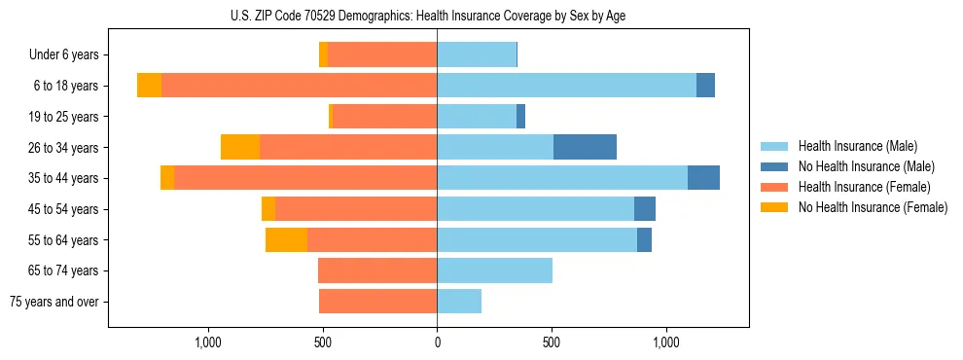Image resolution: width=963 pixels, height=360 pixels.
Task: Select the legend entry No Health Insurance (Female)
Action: [x=873, y=207]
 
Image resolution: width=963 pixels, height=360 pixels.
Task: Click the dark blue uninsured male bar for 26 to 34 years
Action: [x=585, y=147]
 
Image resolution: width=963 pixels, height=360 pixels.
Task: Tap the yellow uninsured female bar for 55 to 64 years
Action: [x=286, y=239]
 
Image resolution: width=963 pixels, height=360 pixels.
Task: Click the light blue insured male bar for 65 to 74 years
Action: [x=494, y=270]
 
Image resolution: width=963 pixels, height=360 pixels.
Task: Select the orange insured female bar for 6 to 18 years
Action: [x=299, y=86]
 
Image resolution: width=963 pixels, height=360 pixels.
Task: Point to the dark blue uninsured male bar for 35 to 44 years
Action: [x=703, y=178]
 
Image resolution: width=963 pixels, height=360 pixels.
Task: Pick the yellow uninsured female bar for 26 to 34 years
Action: [x=240, y=147]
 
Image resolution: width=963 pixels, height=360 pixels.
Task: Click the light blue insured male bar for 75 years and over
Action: [x=459, y=302]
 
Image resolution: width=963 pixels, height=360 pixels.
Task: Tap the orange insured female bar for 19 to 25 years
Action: [x=384, y=117]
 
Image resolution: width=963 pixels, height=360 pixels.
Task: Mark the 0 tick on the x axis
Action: [x=437, y=342]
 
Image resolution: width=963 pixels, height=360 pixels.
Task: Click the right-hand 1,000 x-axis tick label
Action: [x=666, y=342]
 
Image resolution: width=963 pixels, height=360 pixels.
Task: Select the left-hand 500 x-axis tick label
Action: [x=323, y=342]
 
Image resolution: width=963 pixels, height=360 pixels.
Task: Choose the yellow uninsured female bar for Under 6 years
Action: [x=323, y=55]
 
